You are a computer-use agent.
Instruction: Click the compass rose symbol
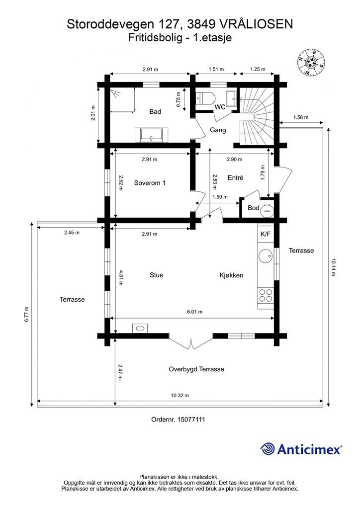coord(311,62)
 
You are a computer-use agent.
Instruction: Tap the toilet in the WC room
coord(205,98)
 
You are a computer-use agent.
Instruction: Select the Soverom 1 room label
coord(150,183)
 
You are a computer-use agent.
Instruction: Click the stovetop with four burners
coord(266,295)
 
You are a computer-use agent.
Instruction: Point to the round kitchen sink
coord(266,256)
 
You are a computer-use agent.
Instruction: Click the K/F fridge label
coord(266,234)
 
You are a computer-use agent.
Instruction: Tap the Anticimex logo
coord(301,449)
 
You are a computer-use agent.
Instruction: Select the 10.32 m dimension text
coord(180,395)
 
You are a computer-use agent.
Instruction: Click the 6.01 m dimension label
coord(194,312)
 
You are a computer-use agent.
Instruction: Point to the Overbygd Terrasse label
coord(196,369)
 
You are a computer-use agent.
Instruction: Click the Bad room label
coord(155,112)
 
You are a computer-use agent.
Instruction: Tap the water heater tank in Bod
coord(267,210)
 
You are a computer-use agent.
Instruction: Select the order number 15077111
coord(178,420)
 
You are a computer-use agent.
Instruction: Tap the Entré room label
coord(235,177)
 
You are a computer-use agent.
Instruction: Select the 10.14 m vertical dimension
coord(333,267)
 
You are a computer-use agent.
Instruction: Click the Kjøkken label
coord(231,275)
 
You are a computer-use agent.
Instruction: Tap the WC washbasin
coord(231,98)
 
